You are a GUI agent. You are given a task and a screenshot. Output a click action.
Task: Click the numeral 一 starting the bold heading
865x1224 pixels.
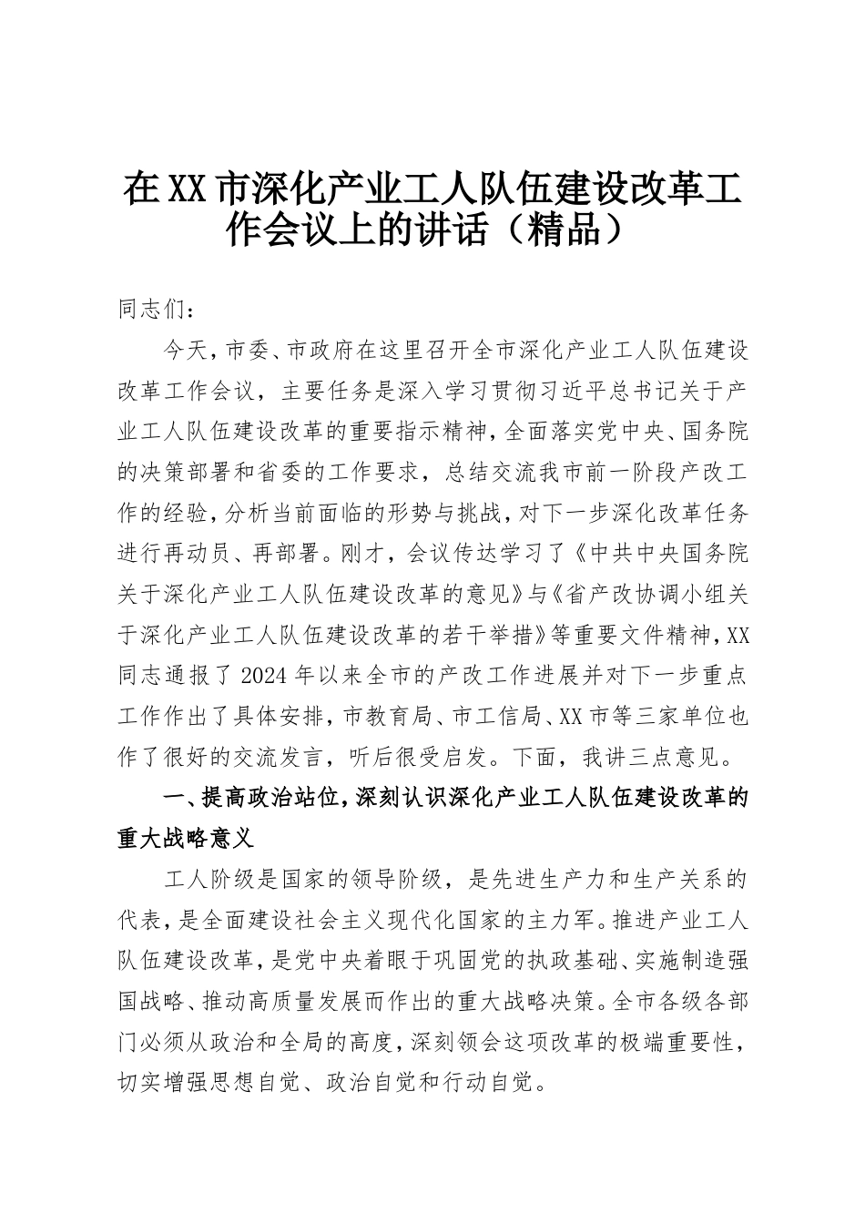173,799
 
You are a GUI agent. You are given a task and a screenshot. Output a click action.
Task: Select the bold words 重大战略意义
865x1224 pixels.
178,839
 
